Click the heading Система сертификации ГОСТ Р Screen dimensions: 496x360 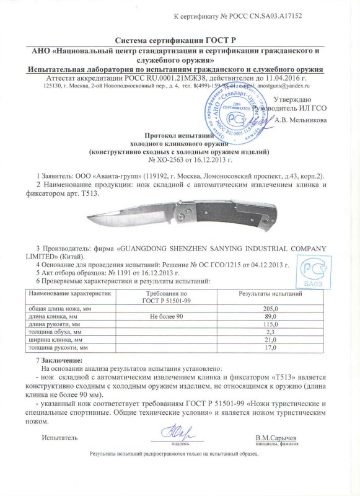click(x=179, y=39)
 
